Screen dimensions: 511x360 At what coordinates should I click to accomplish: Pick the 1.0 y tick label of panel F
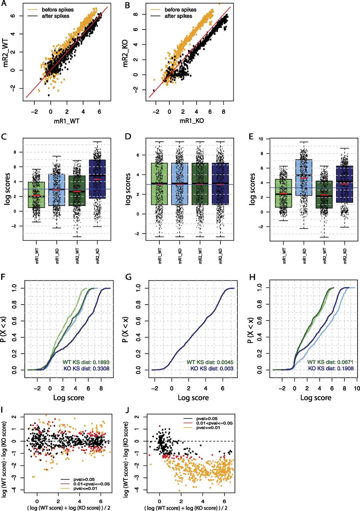coord(17,287)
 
